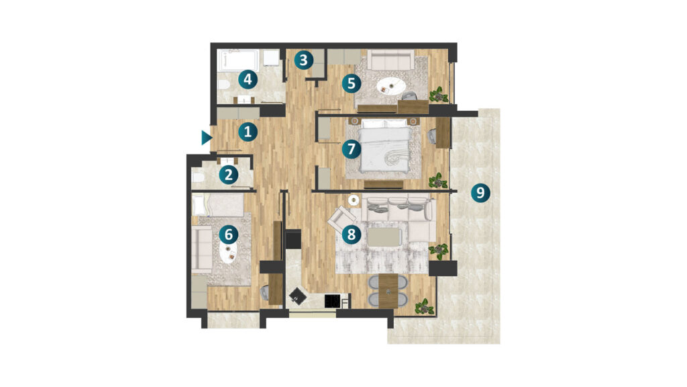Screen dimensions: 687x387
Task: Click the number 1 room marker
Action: pyautogui.click(x=248, y=132)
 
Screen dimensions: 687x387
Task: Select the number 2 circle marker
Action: pyautogui.click(x=228, y=175)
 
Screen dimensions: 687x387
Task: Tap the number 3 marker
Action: pyautogui.click(x=304, y=60)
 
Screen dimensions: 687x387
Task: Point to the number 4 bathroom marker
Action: pyautogui.click(x=248, y=80)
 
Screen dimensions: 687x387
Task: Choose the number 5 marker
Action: pyautogui.click(x=352, y=83)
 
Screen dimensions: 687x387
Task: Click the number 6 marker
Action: pyautogui.click(x=228, y=234)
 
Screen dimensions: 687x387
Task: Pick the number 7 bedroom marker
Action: pyautogui.click(x=352, y=149)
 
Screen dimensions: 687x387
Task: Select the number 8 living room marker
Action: pyautogui.click(x=352, y=234)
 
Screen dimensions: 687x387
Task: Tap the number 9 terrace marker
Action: pyautogui.click(x=480, y=192)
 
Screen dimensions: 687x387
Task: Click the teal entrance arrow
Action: pyautogui.click(x=207, y=138)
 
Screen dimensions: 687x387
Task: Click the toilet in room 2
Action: pyautogui.click(x=198, y=177)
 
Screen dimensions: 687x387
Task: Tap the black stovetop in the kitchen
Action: pyautogui.click(x=333, y=301)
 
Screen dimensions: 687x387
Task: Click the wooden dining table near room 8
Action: pyautogui.click(x=388, y=290)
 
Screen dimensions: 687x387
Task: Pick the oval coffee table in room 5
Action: pyautogui.click(x=390, y=85)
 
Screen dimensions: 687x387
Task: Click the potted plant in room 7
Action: pyautogui.click(x=437, y=180)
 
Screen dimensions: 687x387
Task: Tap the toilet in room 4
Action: pyautogui.click(x=223, y=85)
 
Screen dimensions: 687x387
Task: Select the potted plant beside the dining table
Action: pyautogui.click(x=424, y=306)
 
